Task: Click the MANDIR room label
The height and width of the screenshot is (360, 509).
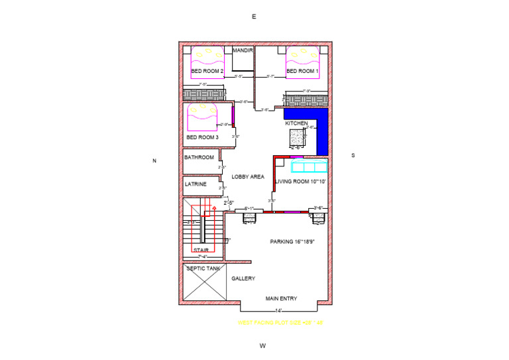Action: pyautogui.click(x=243, y=50)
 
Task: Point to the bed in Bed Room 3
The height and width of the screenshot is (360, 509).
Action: pyautogui.click(x=203, y=115)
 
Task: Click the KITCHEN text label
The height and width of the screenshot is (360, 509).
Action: pyautogui.click(x=296, y=123)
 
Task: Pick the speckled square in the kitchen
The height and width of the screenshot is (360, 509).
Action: pyautogui.click(x=296, y=137)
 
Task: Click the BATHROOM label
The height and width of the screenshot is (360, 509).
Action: pyautogui.click(x=199, y=158)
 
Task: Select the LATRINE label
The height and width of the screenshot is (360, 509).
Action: pyautogui.click(x=196, y=184)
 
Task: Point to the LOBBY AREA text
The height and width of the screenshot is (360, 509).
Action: pyautogui.click(x=248, y=176)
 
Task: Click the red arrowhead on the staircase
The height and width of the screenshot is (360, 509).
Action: pyautogui.click(x=214, y=208)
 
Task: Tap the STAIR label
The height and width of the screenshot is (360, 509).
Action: pyautogui.click(x=201, y=250)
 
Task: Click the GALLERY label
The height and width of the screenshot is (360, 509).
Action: pyautogui.click(x=243, y=278)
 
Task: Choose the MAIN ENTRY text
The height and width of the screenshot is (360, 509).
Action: pyautogui.click(x=281, y=298)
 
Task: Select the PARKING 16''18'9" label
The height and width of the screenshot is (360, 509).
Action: pyautogui.click(x=292, y=242)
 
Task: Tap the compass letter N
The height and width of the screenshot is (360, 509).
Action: pyautogui.click(x=154, y=160)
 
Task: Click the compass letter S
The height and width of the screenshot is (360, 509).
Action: pyautogui.click(x=353, y=155)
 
